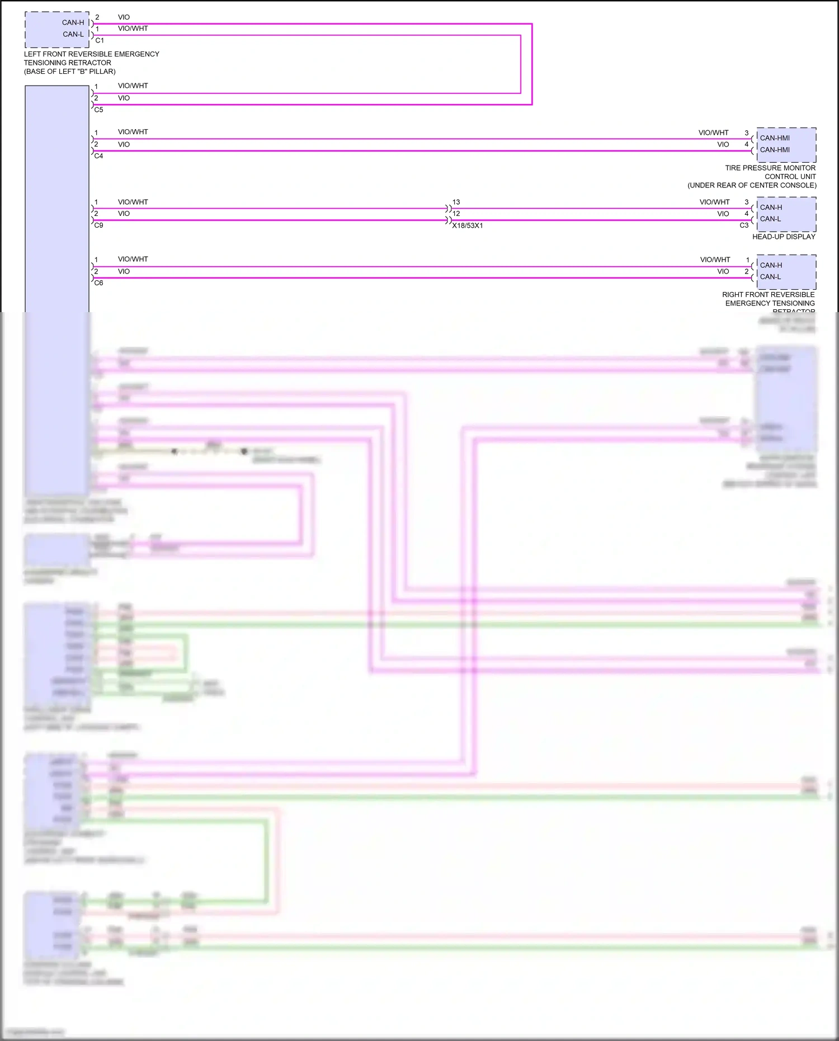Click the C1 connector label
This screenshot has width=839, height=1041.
click(x=100, y=40)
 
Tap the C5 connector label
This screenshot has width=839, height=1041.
click(x=99, y=110)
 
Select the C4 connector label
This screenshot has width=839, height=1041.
click(x=99, y=156)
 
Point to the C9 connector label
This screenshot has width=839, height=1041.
click(x=99, y=225)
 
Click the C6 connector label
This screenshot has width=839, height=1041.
click(x=99, y=283)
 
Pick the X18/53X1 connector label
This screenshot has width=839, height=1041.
click(x=468, y=225)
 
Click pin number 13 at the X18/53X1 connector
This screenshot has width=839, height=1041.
click(x=456, y=202)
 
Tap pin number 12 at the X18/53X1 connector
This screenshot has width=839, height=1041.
click(x=456, y=214)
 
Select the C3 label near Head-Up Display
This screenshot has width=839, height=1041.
click(x=744, y=225)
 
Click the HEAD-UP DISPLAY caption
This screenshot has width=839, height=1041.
click(x=784, y=237)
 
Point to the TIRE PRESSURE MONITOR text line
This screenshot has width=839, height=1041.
click(x=770, y=168)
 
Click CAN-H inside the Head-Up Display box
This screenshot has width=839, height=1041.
click(x=771, y=208)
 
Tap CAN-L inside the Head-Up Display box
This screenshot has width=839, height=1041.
click(x=770, y=219)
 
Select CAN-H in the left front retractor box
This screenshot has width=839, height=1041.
click(x=73, y=23)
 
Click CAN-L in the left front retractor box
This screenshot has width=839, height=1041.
click(x=73, y=34)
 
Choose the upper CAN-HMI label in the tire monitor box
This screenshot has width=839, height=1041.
click(x=775, y=138)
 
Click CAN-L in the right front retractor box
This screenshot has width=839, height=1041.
click(x=770, y=277)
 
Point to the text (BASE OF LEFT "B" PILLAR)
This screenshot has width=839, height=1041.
click(x=70, y=72)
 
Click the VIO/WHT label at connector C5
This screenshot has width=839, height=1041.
click(x=133, y=86)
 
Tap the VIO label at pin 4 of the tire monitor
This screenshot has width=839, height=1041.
click(x=723, y=144)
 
